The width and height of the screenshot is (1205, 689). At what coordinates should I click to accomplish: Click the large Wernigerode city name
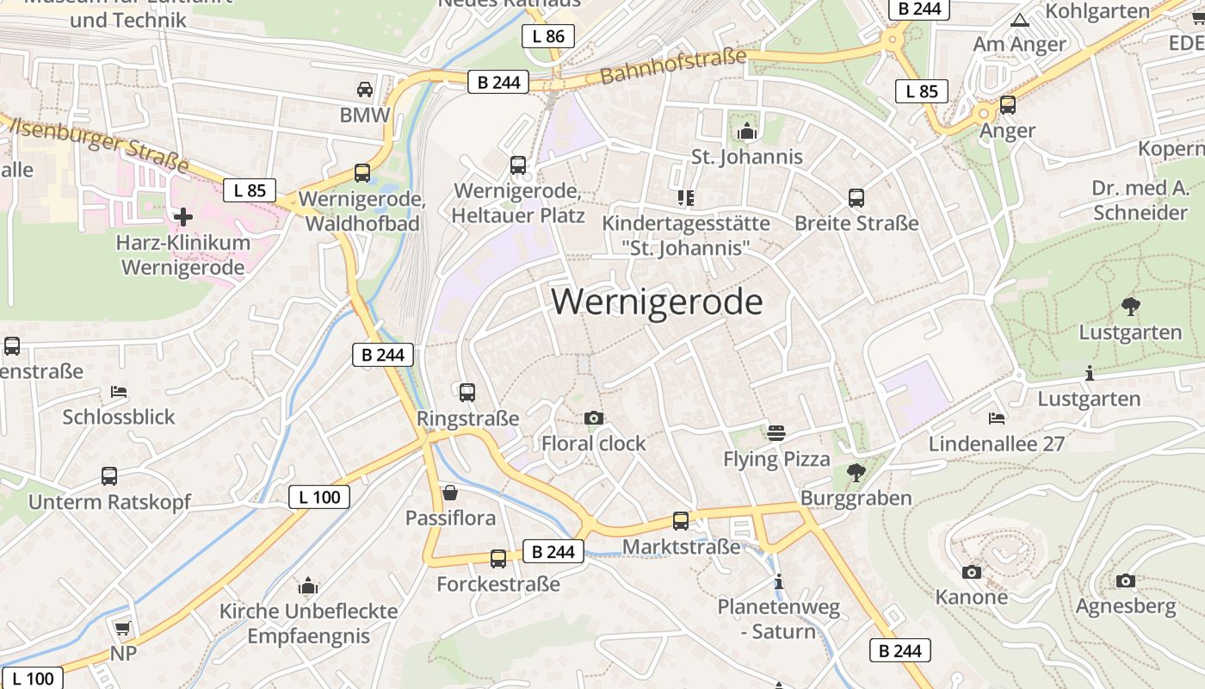point(657,302)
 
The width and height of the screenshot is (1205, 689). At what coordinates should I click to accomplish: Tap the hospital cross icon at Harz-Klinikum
point(183,216)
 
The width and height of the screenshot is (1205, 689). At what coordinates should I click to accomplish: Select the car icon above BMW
point(365,90)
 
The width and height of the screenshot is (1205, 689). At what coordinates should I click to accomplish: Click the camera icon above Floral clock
point(593,419)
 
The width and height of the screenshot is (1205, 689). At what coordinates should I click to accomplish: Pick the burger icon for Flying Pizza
point(776,433)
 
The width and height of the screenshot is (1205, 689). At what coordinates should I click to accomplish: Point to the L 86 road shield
point(548,36)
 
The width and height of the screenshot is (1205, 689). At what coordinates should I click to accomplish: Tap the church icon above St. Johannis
point(746,132)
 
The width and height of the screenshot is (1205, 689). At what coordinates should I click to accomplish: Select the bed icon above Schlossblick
point(119,393)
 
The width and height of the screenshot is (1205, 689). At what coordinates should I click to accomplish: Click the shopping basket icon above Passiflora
point(449,493)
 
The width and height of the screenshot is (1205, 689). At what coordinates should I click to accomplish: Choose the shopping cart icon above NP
point(122,628)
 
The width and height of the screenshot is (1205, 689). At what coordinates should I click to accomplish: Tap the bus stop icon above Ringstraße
point(467,393)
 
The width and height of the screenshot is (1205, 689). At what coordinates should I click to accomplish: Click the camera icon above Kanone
point(971,572)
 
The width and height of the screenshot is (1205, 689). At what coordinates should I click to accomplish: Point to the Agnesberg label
point(1125,606)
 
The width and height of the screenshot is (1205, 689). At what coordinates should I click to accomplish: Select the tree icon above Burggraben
point(856,472)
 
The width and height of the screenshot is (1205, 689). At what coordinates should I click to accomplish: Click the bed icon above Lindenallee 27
point(997,419)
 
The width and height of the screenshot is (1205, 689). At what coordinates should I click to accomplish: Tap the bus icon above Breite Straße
point(856,198)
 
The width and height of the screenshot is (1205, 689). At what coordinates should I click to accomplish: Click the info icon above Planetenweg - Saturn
point(779,582)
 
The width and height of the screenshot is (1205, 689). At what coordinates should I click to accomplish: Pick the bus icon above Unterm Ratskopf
point(109,476)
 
